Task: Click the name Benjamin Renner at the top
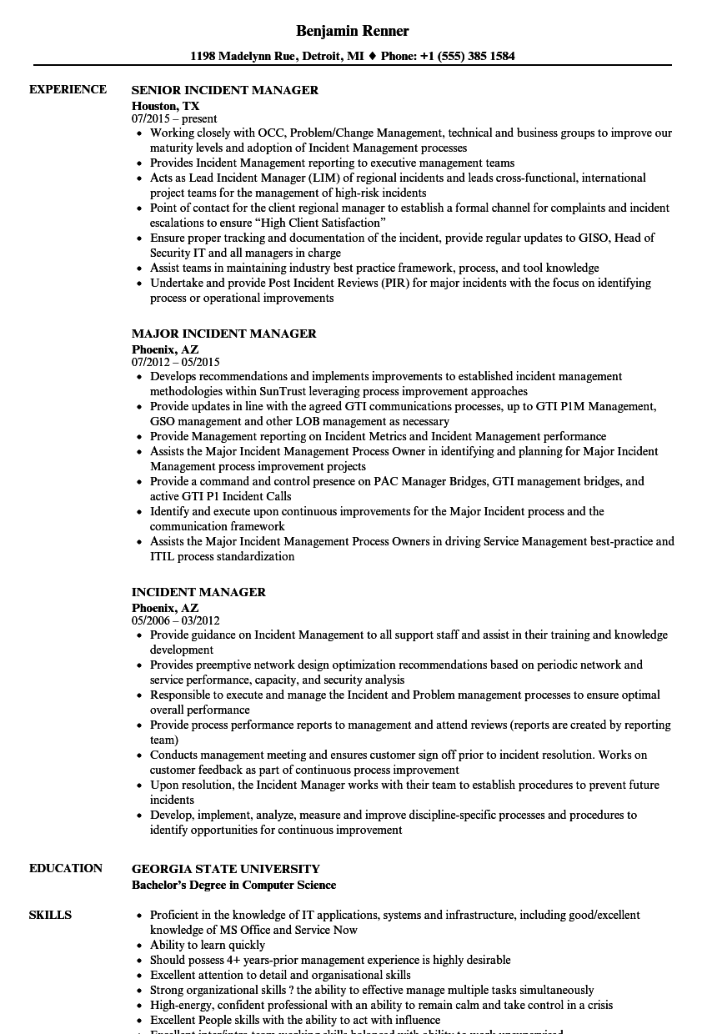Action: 352,31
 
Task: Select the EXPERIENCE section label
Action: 68,89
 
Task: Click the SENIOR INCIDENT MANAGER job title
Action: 225,90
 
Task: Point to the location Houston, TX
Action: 165,106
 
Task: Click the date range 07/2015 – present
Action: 174,119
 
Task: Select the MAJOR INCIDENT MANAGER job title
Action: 223,334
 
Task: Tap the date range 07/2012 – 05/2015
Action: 175,363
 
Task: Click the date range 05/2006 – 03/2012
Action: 175,621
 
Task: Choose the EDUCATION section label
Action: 66,868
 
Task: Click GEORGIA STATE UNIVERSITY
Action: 225,869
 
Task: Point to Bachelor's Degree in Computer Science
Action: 233,885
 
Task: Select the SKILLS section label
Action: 50,915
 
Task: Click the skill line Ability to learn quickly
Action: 208,945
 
